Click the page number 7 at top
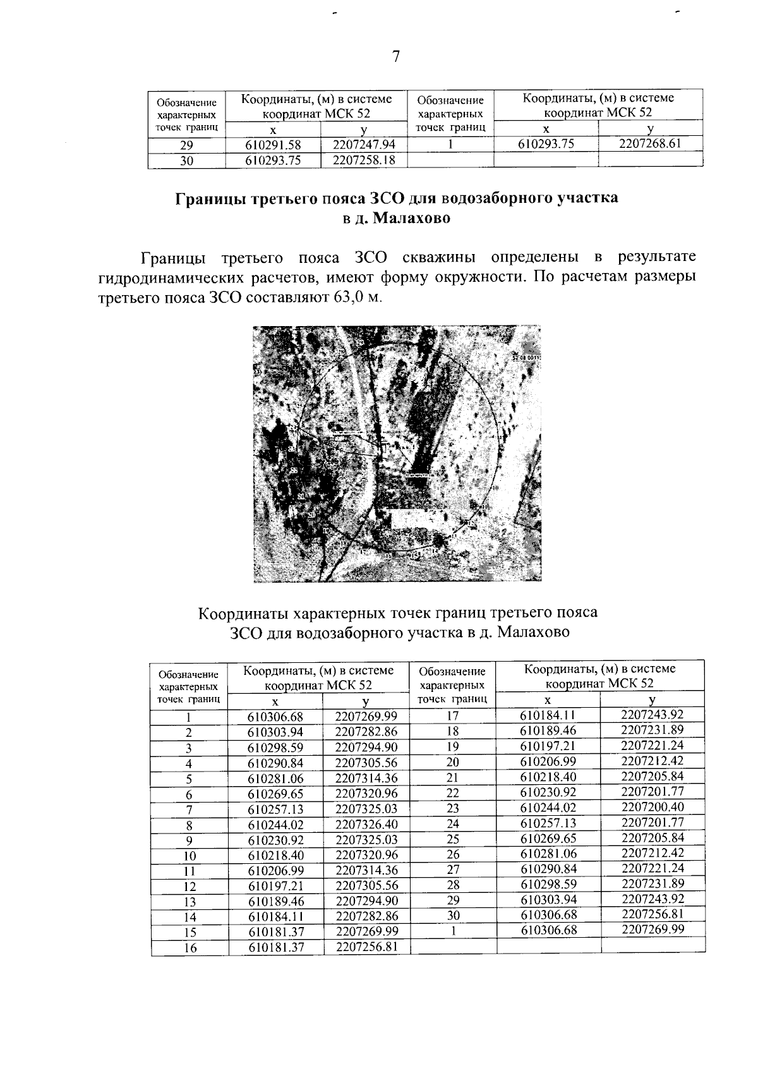[x=396, y=58]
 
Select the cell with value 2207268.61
[x=650, y=143]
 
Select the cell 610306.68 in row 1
[x=275, y=717]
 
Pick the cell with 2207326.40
[x=366, y=825]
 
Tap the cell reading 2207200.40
[x=653, y=807]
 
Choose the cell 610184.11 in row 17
[x=548, y=715]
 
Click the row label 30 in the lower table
[x=452, y=915]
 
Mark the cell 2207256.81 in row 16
[x=366, y=947]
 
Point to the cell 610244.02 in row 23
[x=548, y=808]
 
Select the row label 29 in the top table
[x=186, y=145]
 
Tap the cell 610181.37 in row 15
[x=275, y=931]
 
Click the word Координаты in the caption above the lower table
[x=244, y=613]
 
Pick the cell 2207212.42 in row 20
[x=653, y=761]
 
